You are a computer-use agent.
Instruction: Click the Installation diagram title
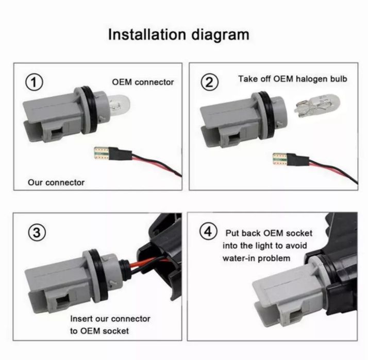coord(179,35)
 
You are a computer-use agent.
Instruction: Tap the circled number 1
coord(34,82)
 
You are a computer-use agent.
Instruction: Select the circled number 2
coord(210,82)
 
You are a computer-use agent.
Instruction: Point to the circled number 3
coord(37,233)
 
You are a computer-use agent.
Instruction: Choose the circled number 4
coord(208,231)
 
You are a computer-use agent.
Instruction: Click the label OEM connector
coord(143,82)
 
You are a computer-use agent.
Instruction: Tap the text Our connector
coord(56,182)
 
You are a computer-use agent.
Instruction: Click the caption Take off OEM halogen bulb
coord(293,79)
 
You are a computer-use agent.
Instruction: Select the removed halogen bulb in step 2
coord(316,105)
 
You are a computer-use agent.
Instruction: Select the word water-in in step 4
coord(239,259)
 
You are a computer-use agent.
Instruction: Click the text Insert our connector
coord(110,319)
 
